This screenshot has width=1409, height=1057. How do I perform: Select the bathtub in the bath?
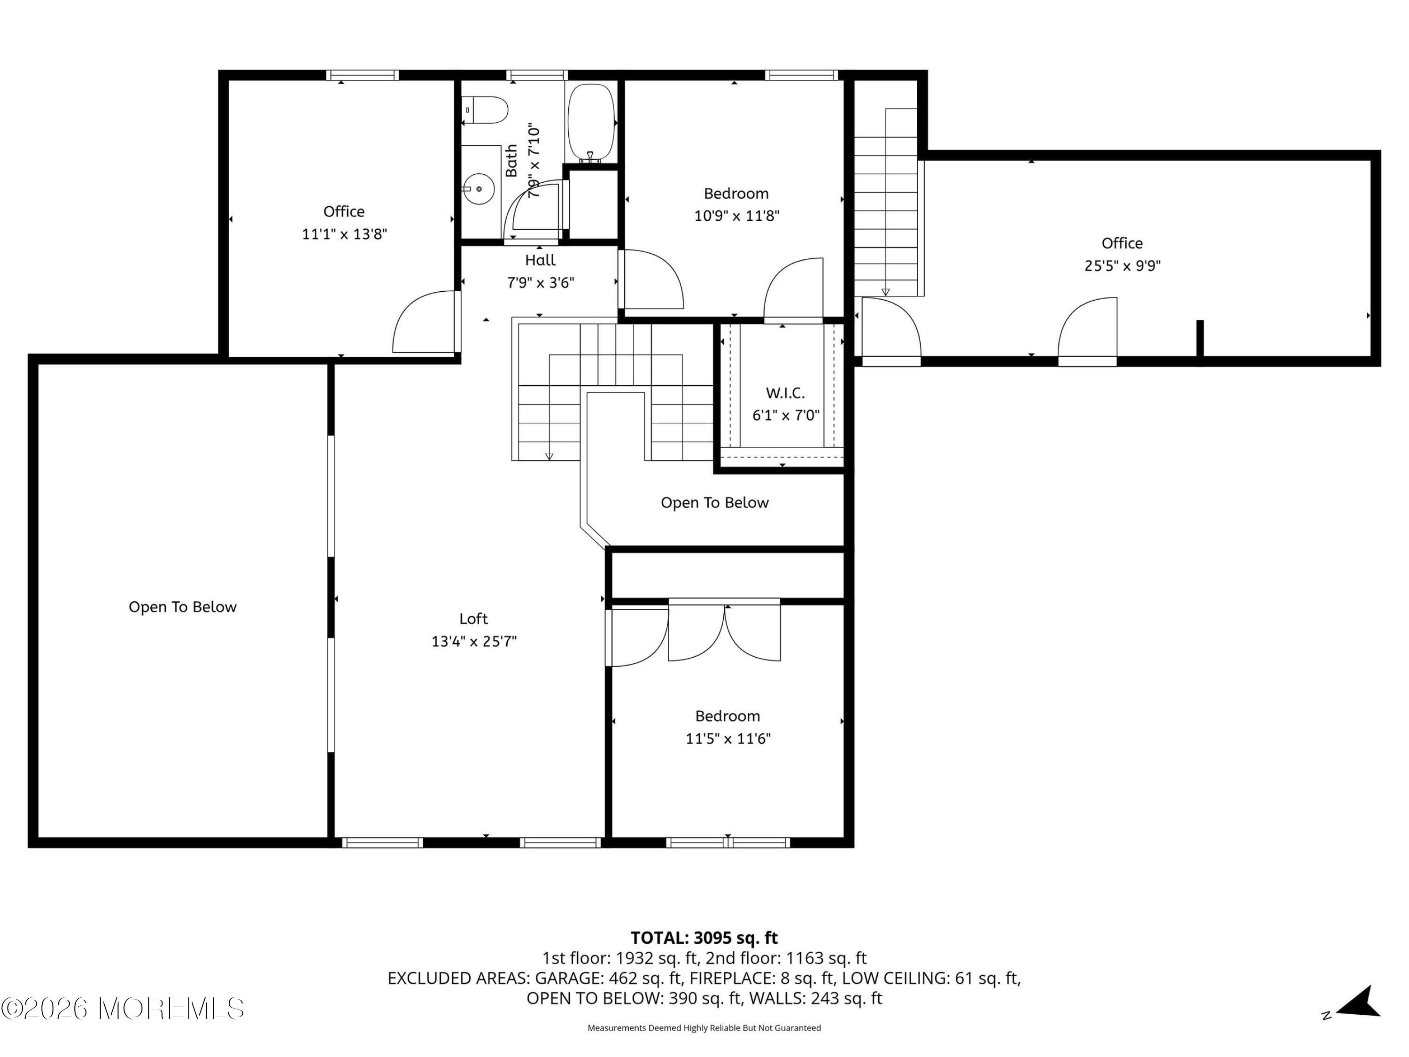591,123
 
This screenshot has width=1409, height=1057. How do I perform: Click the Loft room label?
473,619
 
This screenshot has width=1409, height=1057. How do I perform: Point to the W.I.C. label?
785,393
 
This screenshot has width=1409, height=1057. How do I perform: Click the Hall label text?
540,260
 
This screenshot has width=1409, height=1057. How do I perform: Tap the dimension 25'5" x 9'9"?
1123,266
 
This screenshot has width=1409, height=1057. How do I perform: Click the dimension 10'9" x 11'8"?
736,216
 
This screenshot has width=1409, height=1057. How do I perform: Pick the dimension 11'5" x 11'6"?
728,739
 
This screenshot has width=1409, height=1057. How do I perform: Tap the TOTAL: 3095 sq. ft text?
704,938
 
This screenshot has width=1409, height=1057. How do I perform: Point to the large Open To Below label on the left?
182,607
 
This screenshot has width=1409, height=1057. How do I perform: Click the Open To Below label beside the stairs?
715,503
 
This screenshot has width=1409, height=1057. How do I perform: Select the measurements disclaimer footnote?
704,1028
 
